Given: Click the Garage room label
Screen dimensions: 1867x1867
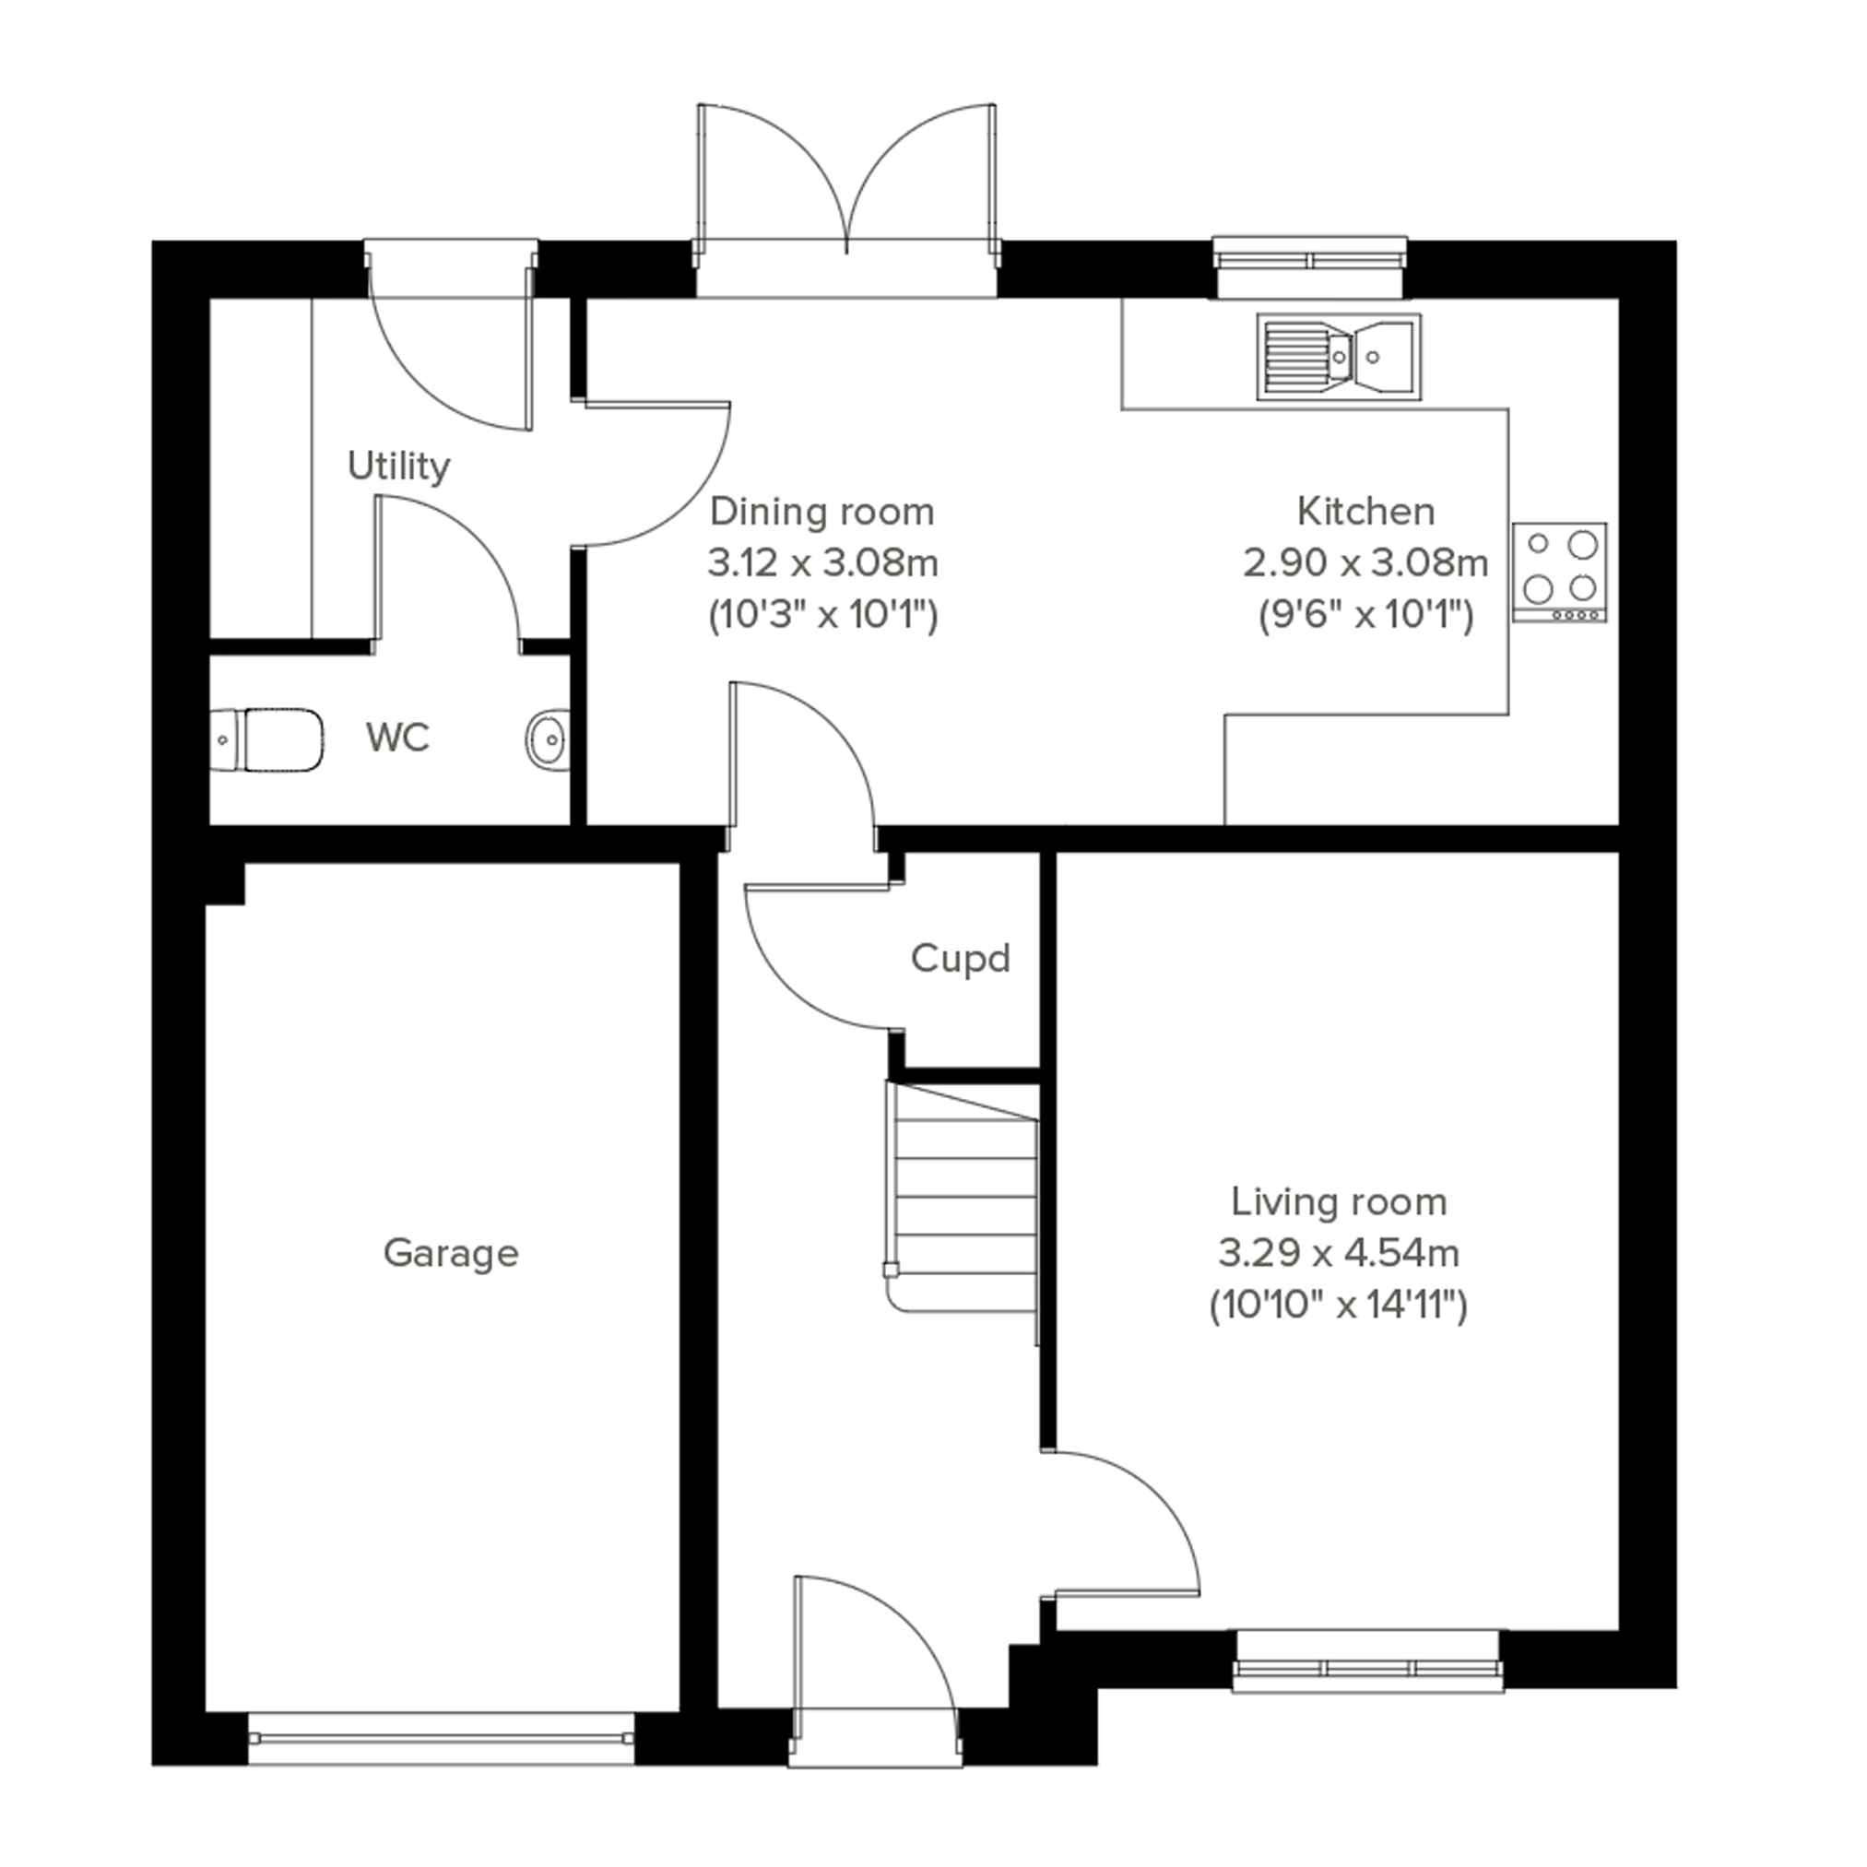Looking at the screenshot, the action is point(451,1253).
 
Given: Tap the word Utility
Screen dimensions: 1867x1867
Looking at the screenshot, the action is point(398,467).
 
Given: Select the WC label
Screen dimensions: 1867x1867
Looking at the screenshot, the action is point(397,738).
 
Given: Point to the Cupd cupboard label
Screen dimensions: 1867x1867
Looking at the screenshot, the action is point(961,959).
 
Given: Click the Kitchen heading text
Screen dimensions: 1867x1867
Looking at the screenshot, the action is point(1365,511).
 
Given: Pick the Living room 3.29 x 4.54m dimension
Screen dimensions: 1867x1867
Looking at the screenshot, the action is point(1339,1253).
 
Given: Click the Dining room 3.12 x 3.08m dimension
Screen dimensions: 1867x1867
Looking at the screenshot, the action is point(822,562).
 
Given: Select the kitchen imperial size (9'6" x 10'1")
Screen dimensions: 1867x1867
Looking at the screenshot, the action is point(1365,615).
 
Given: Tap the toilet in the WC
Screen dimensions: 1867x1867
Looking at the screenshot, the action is point(266,740).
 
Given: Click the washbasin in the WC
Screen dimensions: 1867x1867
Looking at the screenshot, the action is point(549,740).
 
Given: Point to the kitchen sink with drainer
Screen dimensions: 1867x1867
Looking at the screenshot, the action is point(1339,357).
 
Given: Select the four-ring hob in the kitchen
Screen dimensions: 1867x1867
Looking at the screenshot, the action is point(1560,572).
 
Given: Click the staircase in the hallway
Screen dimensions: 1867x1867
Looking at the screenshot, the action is point(962,1211).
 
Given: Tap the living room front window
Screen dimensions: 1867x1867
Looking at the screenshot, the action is point(1367,1660).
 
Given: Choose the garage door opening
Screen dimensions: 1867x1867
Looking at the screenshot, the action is point(441,1739).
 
